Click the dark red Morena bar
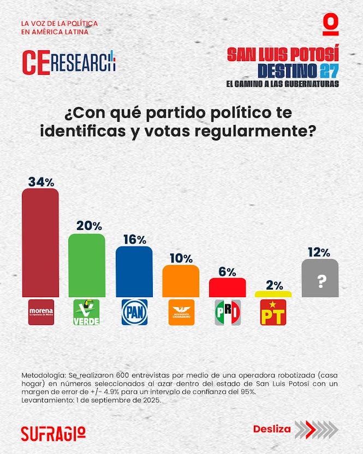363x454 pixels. point(40,243)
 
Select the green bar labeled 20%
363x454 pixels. point(86,266)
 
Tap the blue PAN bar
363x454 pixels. point(134,272)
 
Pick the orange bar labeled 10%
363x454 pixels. point(181,281)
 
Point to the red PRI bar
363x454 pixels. point(228,287)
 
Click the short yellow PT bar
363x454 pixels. point(273,294)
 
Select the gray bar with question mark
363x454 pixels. point(320,279)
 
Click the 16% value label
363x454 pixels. point(134,239)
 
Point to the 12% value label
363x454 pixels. point(320,252)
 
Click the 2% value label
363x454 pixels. point(273,285)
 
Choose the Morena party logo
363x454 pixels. point(40,313)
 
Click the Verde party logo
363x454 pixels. point(86,313)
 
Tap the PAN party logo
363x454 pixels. point(134,313)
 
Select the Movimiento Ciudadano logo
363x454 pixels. point(181,313)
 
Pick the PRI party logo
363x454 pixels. point(228,313)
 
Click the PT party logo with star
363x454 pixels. point(273,313)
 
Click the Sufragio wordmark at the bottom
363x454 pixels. point(53,433)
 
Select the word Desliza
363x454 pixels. point(272,429)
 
